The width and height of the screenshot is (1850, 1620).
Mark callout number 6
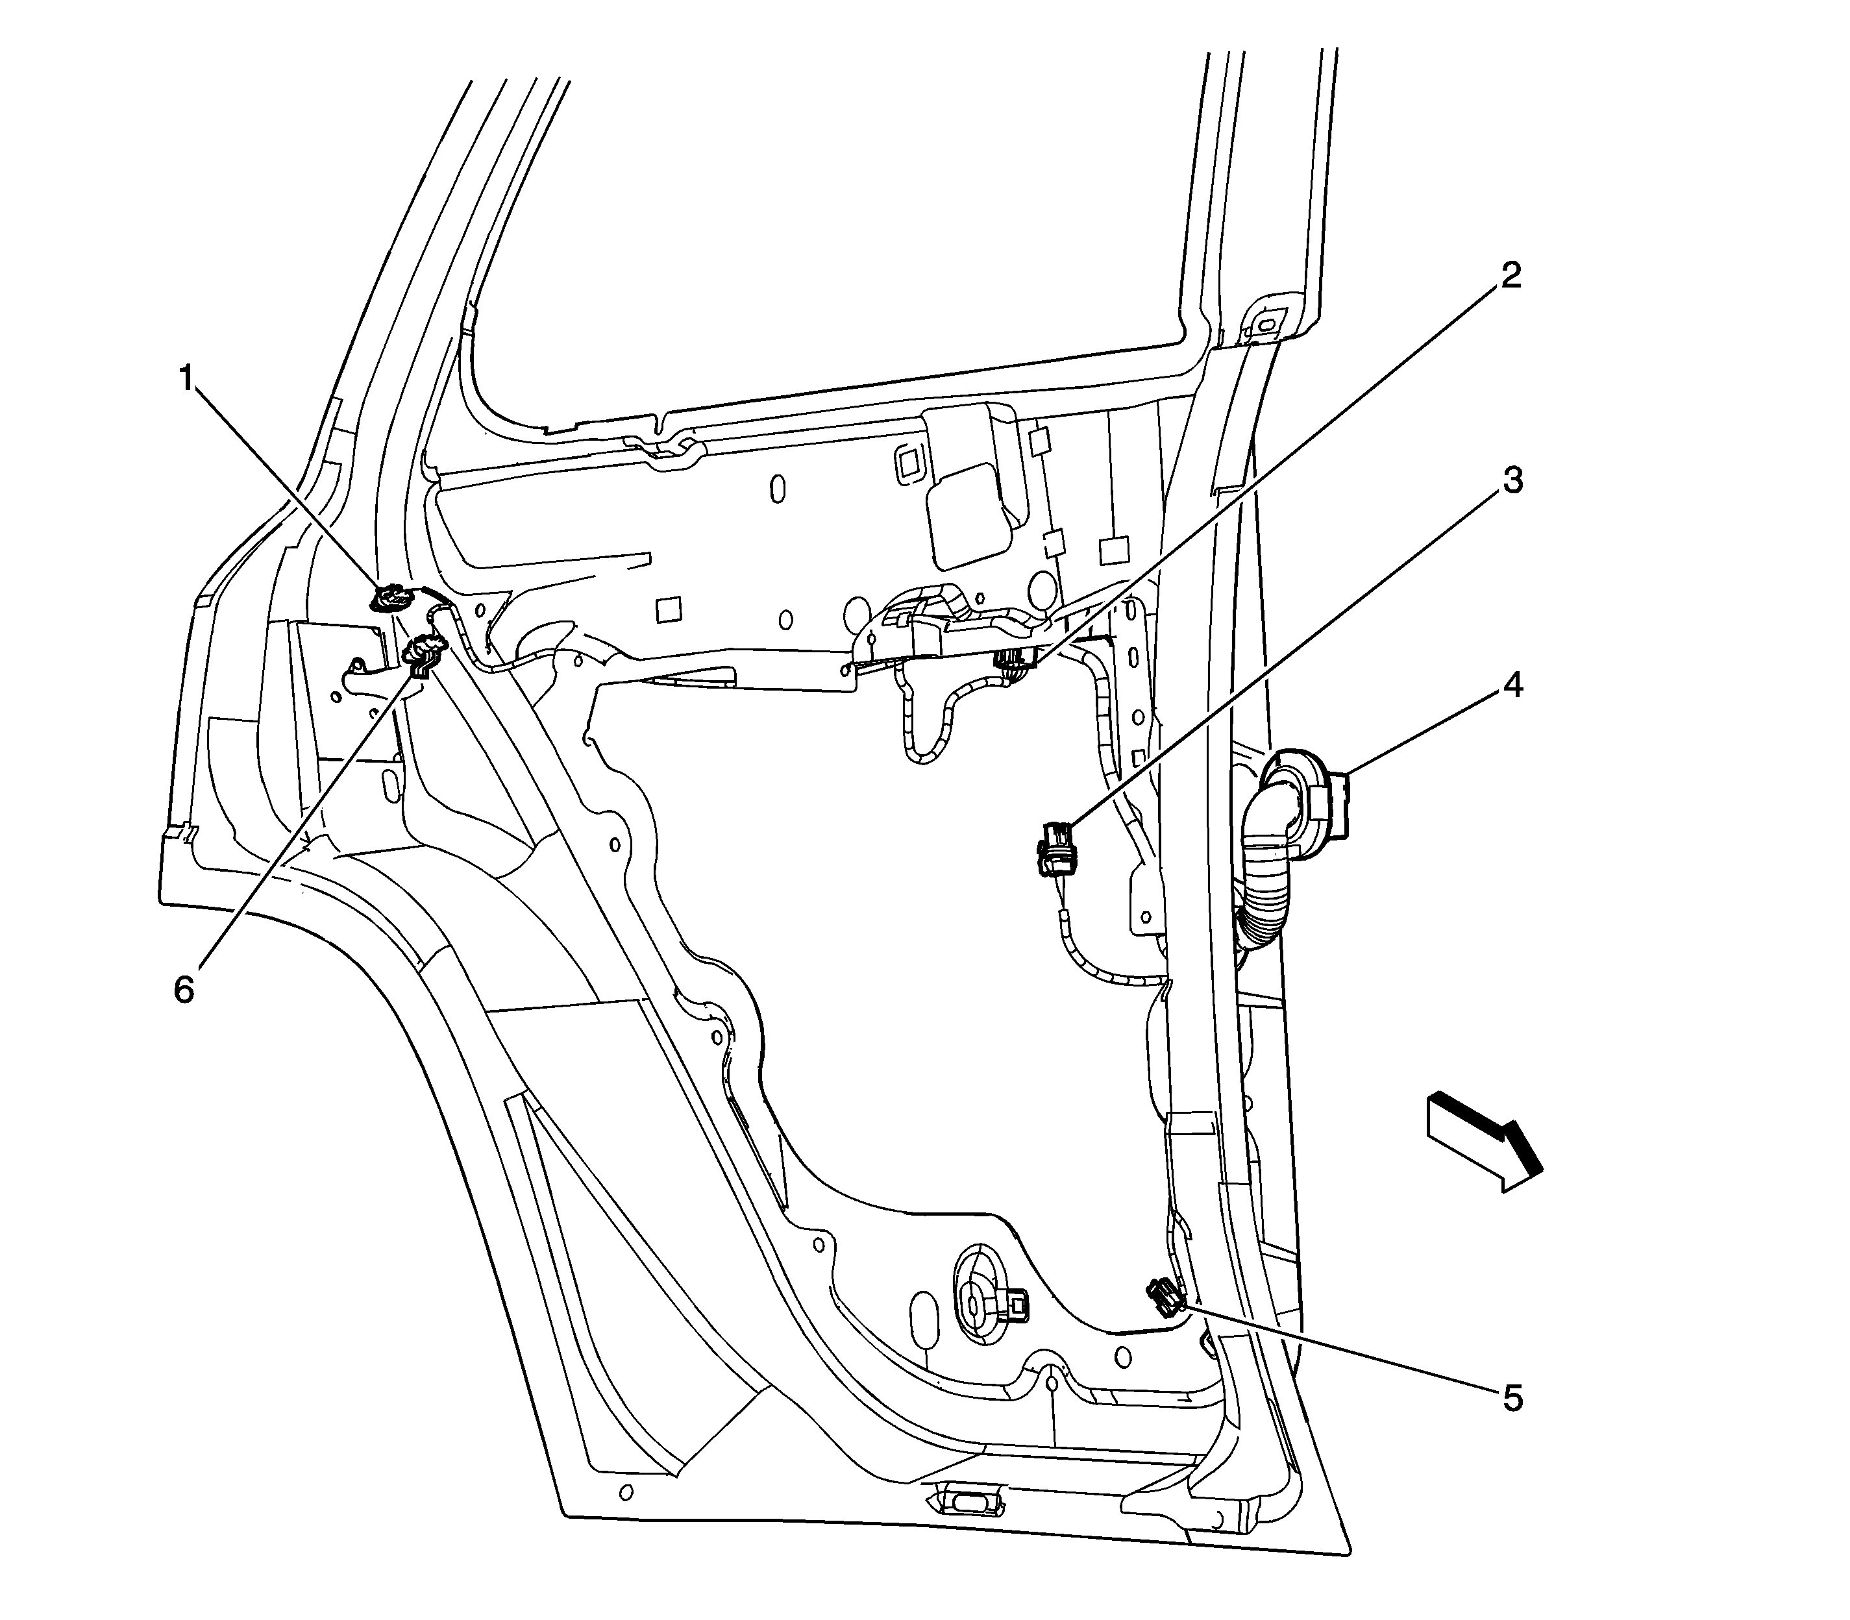coord(184,990)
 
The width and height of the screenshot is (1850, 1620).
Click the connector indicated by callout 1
coord(391,598)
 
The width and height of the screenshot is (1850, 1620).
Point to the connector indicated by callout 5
coord(1166,1296)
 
